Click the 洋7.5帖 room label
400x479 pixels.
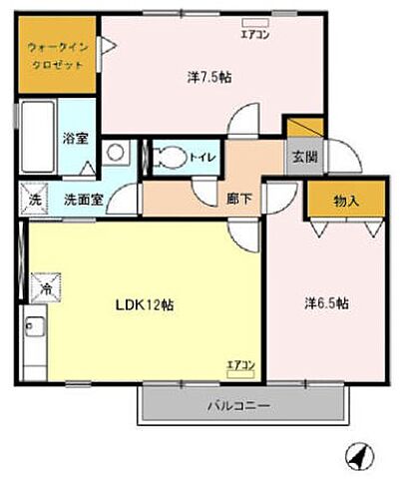coord(209,76)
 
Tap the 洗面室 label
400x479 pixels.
coord(83,199)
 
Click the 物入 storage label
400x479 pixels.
coord(345,202)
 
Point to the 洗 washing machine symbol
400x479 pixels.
coord(35,199)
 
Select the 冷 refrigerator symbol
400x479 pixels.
coord(45,287)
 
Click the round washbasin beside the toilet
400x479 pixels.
coord(117,153)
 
